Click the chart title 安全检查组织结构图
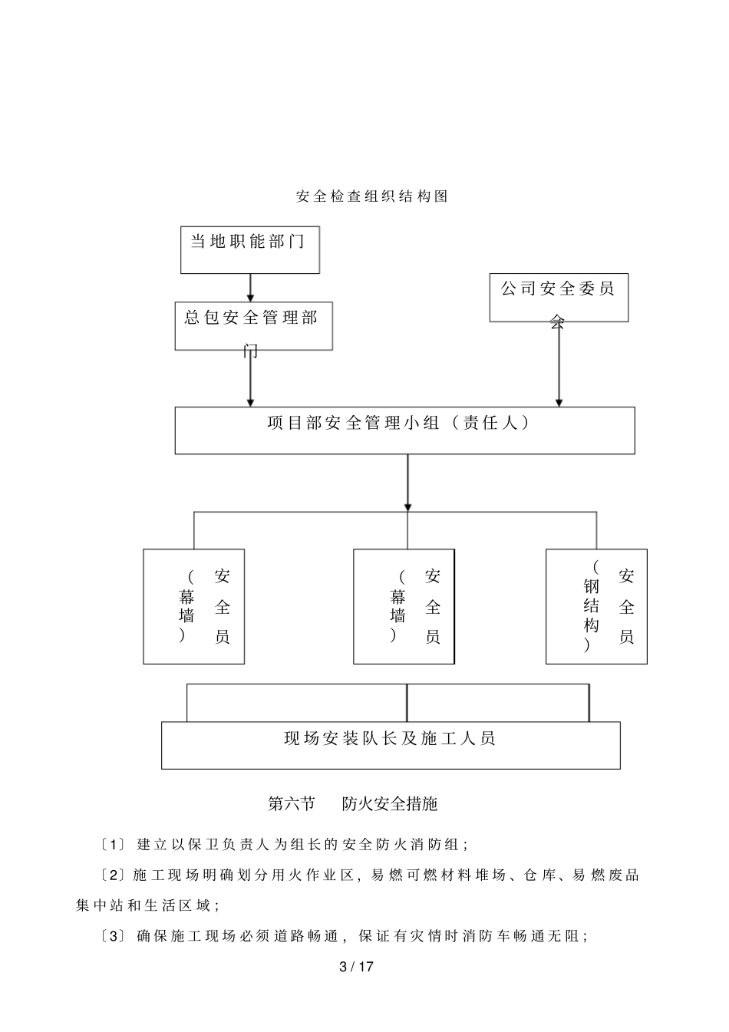[x=371, y=196]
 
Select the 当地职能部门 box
[x=249, y=249]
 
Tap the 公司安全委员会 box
[x=559, y=297]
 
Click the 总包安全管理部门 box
[x=253, y=325]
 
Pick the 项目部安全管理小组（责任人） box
[x=404, y=430]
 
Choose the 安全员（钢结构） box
[x=596, y=606]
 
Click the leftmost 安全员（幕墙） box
[x=193, y=606]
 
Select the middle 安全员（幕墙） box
[x=404, y=606]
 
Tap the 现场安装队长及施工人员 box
[x=391, y=744]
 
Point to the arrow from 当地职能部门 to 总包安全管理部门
[x=250, y=287]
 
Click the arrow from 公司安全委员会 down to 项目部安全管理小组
[x=559, y=364]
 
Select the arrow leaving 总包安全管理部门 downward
[x=250, y=378]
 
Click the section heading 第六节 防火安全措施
[x=352, y=803]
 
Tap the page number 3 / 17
[x=356, y=967]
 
